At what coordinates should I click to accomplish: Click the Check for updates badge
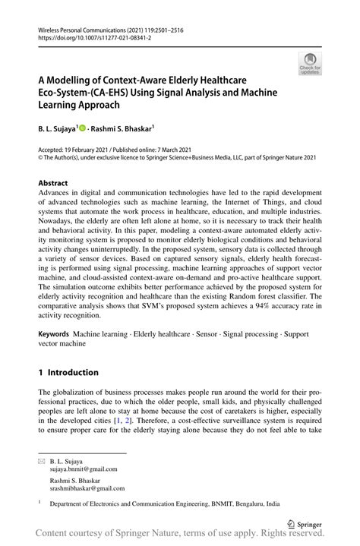[310, 64]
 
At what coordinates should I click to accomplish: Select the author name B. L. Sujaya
[56, 130]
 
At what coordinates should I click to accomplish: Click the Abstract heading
[53, 184]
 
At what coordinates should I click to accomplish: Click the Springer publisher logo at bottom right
[307, 523]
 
